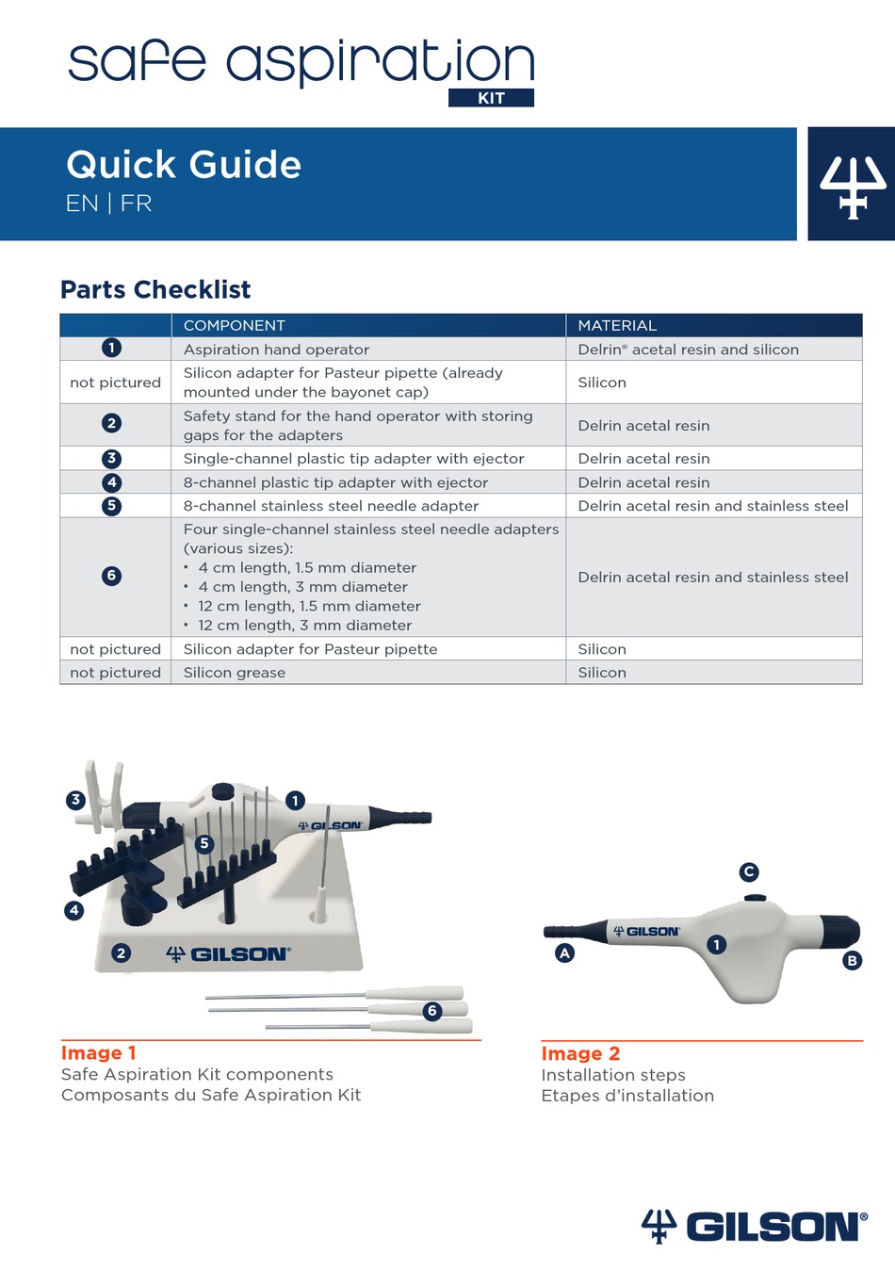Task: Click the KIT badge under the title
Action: pyautogui.click(x=491, y=98)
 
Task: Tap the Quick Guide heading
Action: pyautogui.click(x=184, y=165)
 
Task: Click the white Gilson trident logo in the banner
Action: pyautogui.click(x=852, y=186)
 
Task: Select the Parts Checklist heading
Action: pyautogui.click(x=155, y=289)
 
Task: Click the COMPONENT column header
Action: pyautogui.click(x=234, y=325)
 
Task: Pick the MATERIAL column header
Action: pyautogui.click(x=617, y=325)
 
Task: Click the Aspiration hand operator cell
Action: pyautogui.click(x=276, y=350)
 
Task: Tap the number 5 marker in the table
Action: pyautogui.click(x=111, y=506)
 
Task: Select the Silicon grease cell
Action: pyautogui.click(x=235, y=673)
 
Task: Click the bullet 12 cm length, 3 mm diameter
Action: pyautogui.click(x=304, y=626)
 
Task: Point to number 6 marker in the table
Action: pyautogui.click(x=111, y=576)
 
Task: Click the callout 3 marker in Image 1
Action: pyautogui.click(x=76, y=800)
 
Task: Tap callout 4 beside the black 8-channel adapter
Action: pyautogui.click(x=74, y=910)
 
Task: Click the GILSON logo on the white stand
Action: pyautogui.click(x=229, y=954)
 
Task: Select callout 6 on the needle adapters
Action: pyautogui.click(x=432, y=1011)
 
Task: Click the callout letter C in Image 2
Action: pyautogui.click(x=749, y=871)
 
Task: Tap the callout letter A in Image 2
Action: pyautogui.click(x=564, y=952)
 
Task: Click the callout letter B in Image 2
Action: pyautogui.click(x=852, y=961)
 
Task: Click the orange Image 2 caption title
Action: pyautogui.click(x=580, y=1053)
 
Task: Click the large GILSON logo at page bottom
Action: pyautogui.click(x=754, y=1226)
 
